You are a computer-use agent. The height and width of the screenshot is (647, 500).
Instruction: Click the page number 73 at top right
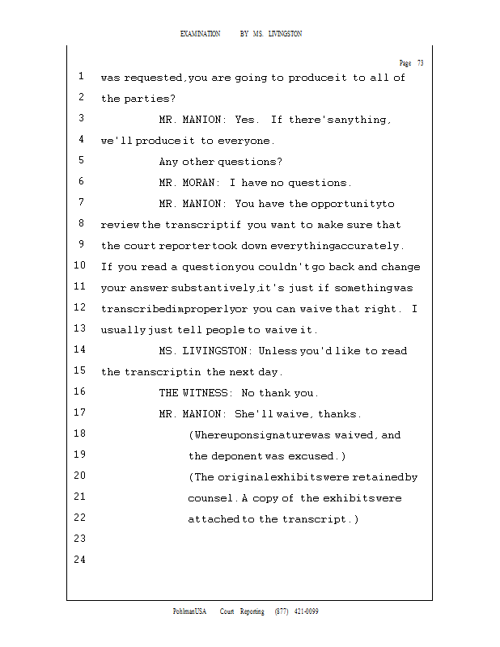(x=420, y=63)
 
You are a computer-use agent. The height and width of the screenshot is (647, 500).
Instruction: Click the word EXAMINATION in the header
(x=200, y=34)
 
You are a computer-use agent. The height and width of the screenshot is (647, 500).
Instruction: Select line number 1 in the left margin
(x=82, y=77)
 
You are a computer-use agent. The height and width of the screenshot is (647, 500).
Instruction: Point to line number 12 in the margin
(x=79, y=308)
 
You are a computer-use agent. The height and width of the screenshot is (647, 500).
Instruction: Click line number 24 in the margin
(x=79, y=560)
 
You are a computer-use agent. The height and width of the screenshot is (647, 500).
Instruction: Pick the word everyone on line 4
(x=245, y=141)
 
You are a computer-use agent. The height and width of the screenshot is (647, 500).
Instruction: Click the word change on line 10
(x=400, y=267)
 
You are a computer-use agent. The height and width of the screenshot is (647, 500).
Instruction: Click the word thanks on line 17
(x=339, y=414)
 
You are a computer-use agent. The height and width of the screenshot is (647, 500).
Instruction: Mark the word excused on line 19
(x=316, y=456)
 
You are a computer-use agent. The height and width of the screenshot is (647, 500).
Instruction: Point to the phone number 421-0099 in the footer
(x=305, y=611)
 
